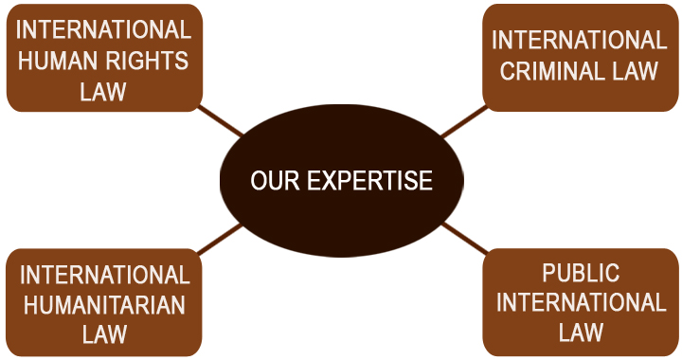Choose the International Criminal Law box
click(579, 57)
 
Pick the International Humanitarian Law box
click(104, 303)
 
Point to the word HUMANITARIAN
click(104, 304)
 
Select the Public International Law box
click(581, 302)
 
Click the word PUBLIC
click(581, 274)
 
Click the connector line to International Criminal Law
click(463, 120)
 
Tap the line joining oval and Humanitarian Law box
click(221, 240)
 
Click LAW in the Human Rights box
click(104, 92)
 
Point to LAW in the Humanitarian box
click(104, 333)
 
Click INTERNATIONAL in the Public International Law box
click(581, 303)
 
